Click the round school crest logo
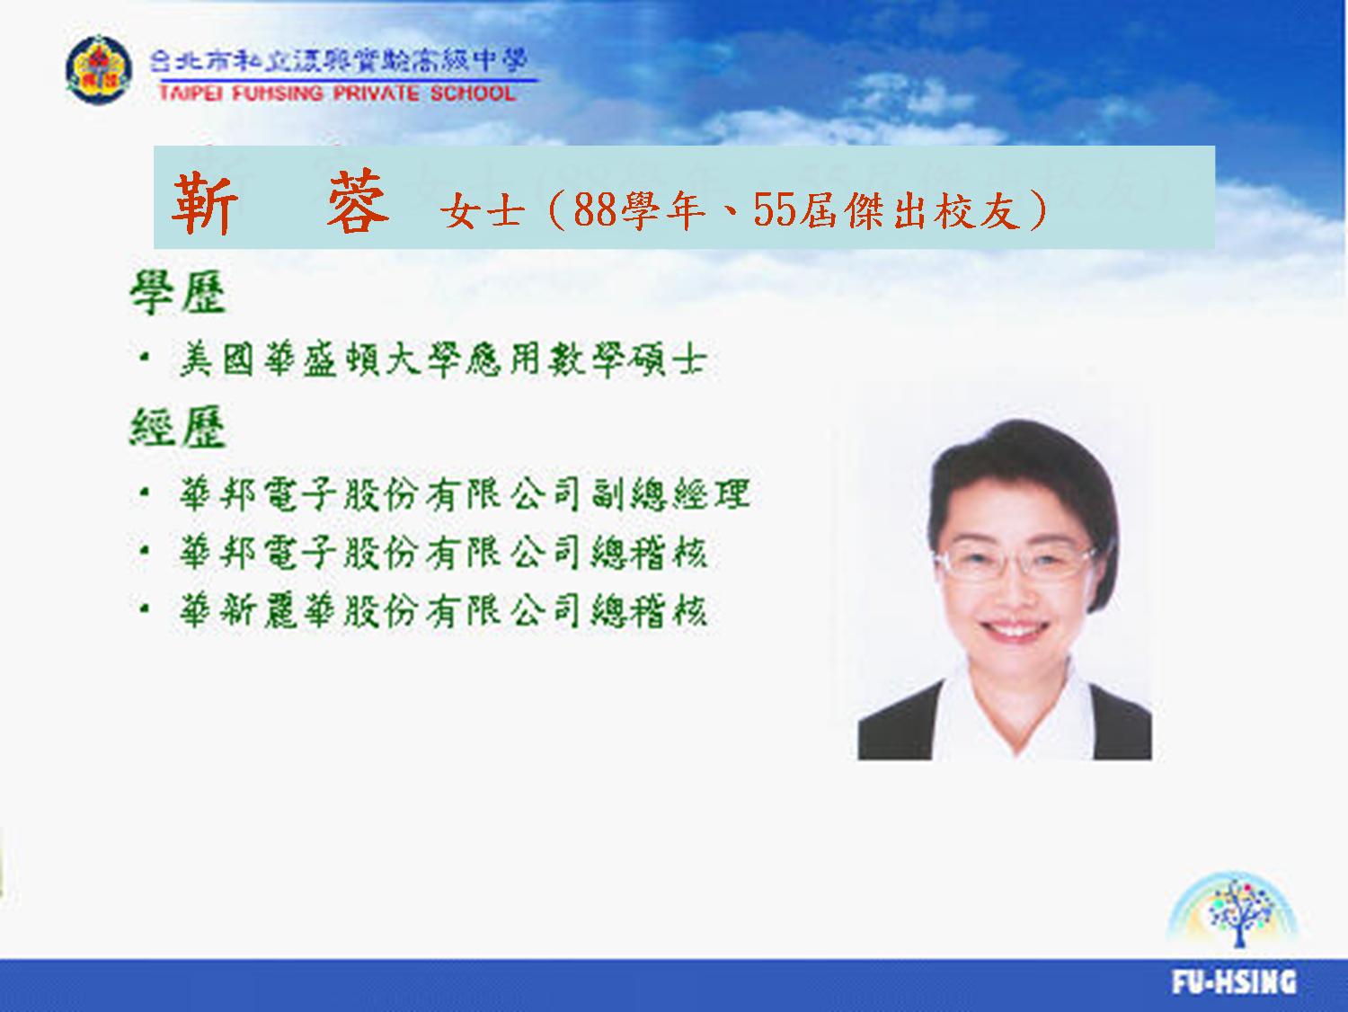pos(98,69)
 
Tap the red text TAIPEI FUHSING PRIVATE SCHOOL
pos(337,93)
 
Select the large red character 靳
pos(205,202)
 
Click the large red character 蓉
pos(358,201)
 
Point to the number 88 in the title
pos(595,210)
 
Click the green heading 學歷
pos(178,293)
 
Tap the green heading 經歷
pos(178,427)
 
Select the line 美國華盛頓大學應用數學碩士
pos(443,360)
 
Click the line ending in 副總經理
pos(465,493)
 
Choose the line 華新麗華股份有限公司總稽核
pos(443,610)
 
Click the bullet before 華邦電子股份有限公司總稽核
pos(145,551)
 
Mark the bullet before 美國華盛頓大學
pos(145,358)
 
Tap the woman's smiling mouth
pos(1014,629)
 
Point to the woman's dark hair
pos(1019,466)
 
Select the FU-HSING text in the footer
pos(1235,981)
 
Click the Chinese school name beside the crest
pos(339,61)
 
